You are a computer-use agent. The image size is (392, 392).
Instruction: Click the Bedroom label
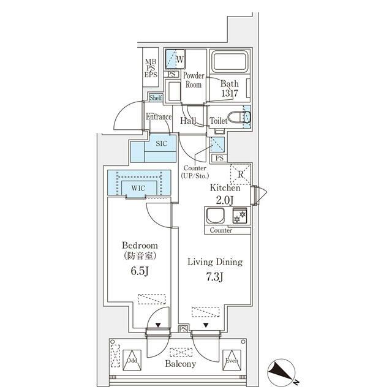coord(140,245)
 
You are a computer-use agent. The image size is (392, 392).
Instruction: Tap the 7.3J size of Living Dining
coord(214,277)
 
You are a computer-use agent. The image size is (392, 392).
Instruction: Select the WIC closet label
coord(138,188)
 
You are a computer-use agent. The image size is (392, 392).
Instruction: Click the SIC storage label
coord(161,143)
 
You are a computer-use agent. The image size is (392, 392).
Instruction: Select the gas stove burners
coord(239,216)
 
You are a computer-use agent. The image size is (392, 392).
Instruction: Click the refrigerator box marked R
coord(240,174)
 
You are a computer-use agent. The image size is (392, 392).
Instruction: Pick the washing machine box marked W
coord(175,59)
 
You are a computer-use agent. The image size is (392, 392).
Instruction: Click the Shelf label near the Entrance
coord(156,98)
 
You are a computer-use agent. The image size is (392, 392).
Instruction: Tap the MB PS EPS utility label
coord(151,68)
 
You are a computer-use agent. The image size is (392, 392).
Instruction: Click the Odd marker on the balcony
coord(132,360)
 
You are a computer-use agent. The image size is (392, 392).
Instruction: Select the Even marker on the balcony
coord(232,360)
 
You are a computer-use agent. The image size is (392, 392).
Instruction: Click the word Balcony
coord(181,364)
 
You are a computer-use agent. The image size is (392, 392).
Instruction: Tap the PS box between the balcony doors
coord(183,329)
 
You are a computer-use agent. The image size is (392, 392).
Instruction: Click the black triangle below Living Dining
coord(206,325)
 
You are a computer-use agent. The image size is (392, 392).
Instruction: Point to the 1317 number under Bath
coord(230,93)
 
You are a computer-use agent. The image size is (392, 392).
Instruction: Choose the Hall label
coord(188,121)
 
